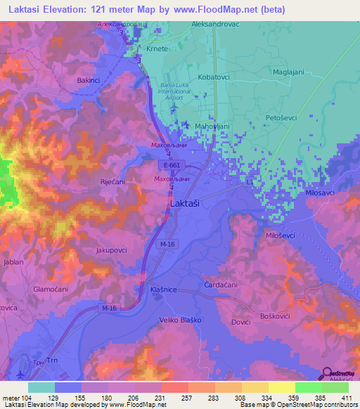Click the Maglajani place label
(288, 72)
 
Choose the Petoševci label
(282, 118)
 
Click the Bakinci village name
(89, 81)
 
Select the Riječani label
(112, 181)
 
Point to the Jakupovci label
(111, 249)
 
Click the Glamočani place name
(50, 289)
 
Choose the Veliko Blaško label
(179, 320)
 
